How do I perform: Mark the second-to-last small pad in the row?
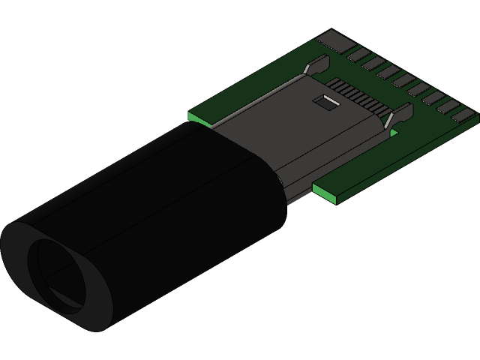(x=448, y=106)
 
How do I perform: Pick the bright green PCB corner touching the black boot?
(x=198, y=118)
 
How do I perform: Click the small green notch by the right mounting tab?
(x=394, y=133)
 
